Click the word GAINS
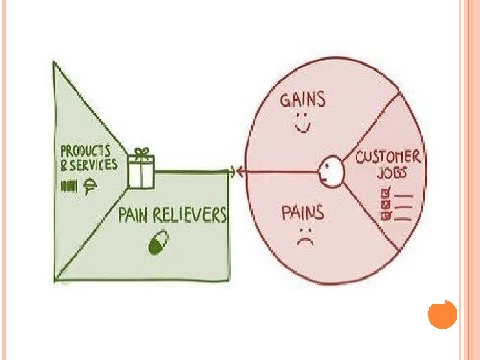(x=303, y=101)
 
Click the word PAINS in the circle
(x=303, y=214)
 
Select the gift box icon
(x=141, y=172)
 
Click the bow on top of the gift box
(x=141, y=153)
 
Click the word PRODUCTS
(x=85, y=151)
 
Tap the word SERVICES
(x=93, y=165)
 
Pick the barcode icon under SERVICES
(x=69, y=187)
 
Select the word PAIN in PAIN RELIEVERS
(x=135, y=215)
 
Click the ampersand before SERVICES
(x=65, y=165)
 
